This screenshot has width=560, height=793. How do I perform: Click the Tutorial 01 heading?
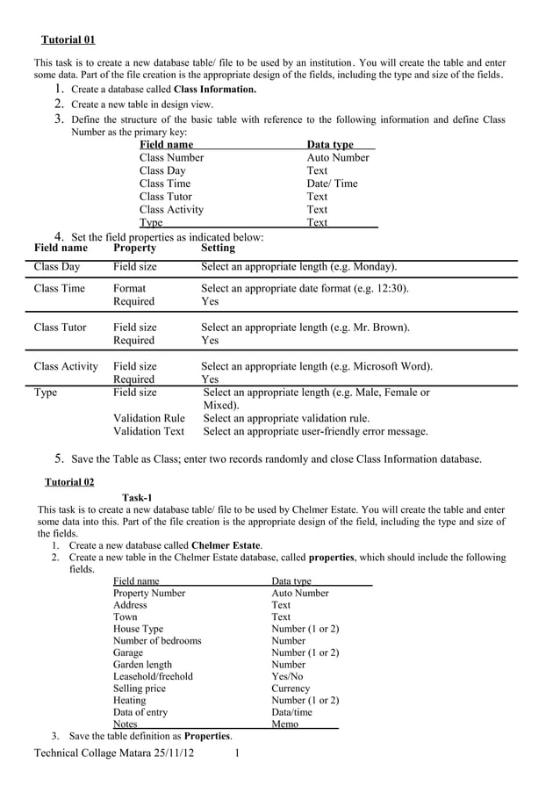point(68,40)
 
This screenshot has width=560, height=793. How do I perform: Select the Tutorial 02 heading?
point(69,482)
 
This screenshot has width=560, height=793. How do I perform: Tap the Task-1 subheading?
point(137,497)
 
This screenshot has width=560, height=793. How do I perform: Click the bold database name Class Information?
point(215,90)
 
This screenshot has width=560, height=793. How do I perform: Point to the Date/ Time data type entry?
point(332,184)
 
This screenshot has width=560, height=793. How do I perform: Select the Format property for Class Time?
point(130,288)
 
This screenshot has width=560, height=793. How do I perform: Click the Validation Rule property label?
point(149,418)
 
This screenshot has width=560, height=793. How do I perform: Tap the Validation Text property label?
point(149,431)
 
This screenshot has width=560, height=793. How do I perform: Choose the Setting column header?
point(218,249)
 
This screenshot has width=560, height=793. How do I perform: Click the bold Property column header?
point(135,249)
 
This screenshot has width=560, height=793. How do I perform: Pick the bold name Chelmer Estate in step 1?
point(226,545)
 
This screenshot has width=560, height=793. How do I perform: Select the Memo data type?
point(284,725)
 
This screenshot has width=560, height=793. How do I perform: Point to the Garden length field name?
point(143,665)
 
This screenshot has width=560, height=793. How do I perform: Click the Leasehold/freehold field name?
point(153,676)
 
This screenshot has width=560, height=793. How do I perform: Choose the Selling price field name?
point(140,688)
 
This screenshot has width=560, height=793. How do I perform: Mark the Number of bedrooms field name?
point(157,640)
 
